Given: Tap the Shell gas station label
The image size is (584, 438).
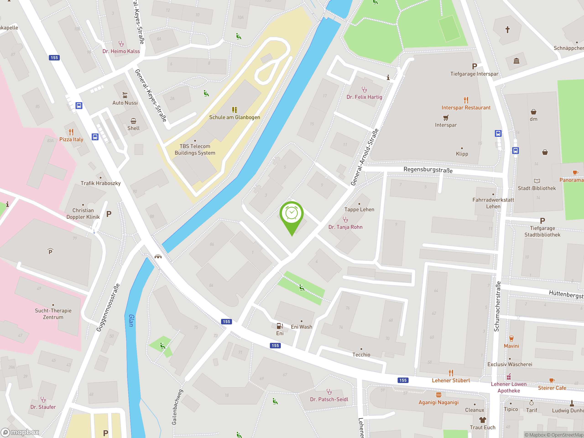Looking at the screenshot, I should tap(133, 128).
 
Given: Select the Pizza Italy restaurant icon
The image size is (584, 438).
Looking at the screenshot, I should tap(71, 132).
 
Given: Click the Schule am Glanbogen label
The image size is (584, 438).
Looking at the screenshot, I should tap(235, 117).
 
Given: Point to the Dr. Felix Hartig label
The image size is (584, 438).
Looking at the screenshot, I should tap(364, 97).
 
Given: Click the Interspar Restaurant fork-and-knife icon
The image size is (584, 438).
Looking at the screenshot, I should tap(466, 100).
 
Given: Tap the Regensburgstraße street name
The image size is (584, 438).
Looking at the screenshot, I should tap(428, 170).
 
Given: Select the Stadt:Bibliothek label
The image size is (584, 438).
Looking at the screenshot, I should tap(537, 188).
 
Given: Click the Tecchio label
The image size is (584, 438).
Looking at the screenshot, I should tap(361, 355).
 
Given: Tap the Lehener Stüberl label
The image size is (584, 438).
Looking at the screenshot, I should tap(451, 381).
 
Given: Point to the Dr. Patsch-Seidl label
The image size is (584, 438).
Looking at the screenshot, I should tap(329, 399).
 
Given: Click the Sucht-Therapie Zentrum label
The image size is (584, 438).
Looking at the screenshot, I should tap(53, 314).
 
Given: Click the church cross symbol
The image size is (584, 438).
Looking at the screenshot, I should tap(507, 30).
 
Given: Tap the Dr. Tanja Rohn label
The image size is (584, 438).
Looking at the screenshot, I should tap(345, 227).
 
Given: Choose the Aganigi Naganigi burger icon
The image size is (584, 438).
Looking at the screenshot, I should tap(438, 395).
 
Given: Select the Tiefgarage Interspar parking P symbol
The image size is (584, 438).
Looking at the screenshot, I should tap(474, 66).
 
